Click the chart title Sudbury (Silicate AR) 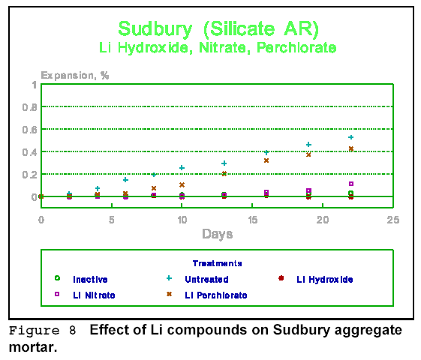(218, 29)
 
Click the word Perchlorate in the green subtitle (296, 48)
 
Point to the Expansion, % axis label (75, 76)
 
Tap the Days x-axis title (217, 234)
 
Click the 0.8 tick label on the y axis (29, 107)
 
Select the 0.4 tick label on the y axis (29, 152)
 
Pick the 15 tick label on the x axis (252, 220)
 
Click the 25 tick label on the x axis (393, 220)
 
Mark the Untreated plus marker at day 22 (350, 137)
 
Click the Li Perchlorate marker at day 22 (351, 148)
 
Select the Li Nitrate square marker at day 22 (351, 184)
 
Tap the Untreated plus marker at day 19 (308, 145)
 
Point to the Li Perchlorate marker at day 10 (182, 184)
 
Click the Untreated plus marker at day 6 (125, 180)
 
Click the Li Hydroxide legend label (325, 280)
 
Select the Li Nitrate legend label (94, 295)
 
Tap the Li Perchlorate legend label (216, 295)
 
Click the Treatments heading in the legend (217, 263)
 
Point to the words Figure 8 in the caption (42, 331)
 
